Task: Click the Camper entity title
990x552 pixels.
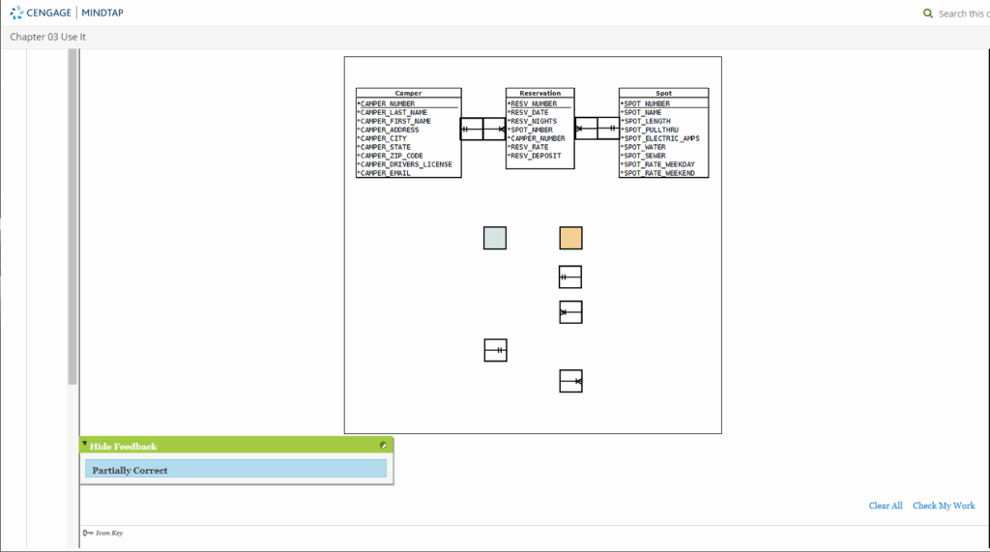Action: click(x=408, y=93)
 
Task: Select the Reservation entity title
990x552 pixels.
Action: click(x=539, y=93)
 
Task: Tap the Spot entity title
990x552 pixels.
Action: click(x=663, y=93)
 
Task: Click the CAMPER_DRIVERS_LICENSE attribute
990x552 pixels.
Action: click(x=406, y=164)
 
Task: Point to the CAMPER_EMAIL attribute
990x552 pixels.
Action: click(x=385, y=173)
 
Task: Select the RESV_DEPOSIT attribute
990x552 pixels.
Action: click(x=536, y=156)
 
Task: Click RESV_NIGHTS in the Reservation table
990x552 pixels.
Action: click(x=534, y=121)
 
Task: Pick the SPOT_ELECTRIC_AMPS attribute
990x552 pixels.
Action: click(x=661, y=138)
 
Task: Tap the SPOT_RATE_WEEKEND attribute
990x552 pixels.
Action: click(x=659, y=173)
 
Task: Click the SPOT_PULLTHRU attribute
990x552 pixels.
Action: click(x=651, y=130)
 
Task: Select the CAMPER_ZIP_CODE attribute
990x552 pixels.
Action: click(x=392, y=156)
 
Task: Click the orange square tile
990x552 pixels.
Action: click(x=570, y=238)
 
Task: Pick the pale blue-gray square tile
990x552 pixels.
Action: click(x=495, y=238)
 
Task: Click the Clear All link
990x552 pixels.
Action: click(x=886, y=506)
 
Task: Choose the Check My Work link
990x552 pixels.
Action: click(x=944, y=506)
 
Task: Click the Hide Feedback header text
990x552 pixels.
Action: click(x=123, y=447)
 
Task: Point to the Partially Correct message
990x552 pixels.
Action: click(x=131, y=471)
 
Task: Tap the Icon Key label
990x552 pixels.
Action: click(x=109, y=533)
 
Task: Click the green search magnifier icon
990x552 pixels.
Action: click(x=927, y=14)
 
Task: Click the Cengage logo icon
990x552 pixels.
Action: click(x=16, y=13)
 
